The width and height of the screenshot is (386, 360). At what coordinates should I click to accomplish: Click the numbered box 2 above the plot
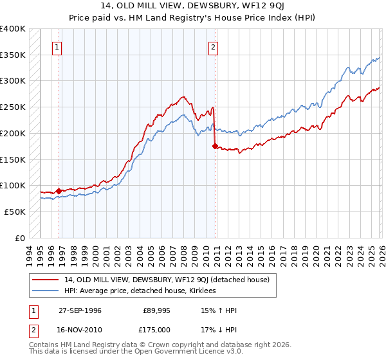213,46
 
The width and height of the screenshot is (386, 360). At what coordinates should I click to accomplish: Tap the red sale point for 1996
59,191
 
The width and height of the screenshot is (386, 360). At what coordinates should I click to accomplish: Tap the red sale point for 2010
215,146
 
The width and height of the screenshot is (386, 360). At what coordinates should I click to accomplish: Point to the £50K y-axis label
15,212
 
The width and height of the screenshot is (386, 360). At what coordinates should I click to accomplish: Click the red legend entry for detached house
170,280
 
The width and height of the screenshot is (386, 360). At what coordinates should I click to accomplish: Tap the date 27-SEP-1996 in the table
79,310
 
